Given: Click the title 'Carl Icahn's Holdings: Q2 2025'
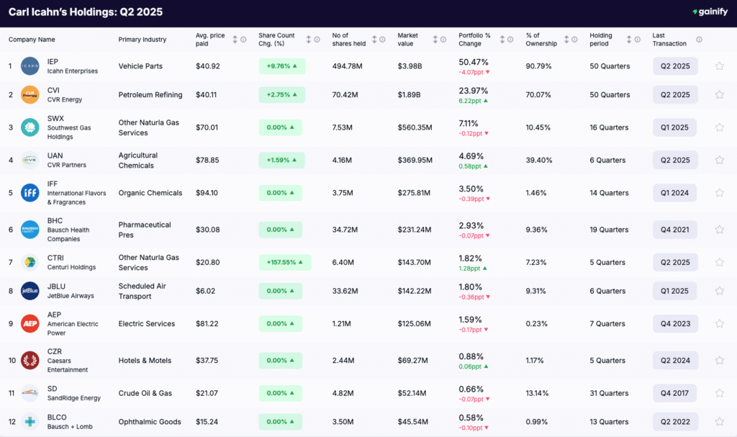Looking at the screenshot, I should (x=86, y=12).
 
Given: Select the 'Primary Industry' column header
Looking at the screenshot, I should (x=143, y=40).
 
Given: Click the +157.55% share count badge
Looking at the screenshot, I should (x=285, y=262).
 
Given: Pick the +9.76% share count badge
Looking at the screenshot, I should (x=281, y=66).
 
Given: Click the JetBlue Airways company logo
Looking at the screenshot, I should (x=30, y=291).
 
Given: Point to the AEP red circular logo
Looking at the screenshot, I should (x=30, y=324).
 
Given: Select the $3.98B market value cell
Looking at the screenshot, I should (x=410, y=66).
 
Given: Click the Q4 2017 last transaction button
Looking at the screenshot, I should (x=675, y=393).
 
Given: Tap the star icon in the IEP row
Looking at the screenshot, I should (x=719, y=66).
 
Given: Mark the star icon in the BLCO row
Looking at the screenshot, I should (x=719, y=422).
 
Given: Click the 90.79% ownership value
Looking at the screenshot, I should (x=538, y=66).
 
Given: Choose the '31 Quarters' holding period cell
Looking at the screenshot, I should (x=609, y=393).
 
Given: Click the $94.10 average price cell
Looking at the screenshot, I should (x=208, y=193).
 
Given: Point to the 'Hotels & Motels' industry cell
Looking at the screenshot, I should (x=145, y=361).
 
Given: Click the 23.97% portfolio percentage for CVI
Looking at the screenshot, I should (x=474, y=91).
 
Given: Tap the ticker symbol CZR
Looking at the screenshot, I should (x=55, y=351).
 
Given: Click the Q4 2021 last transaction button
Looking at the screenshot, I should (x=675, y=230).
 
